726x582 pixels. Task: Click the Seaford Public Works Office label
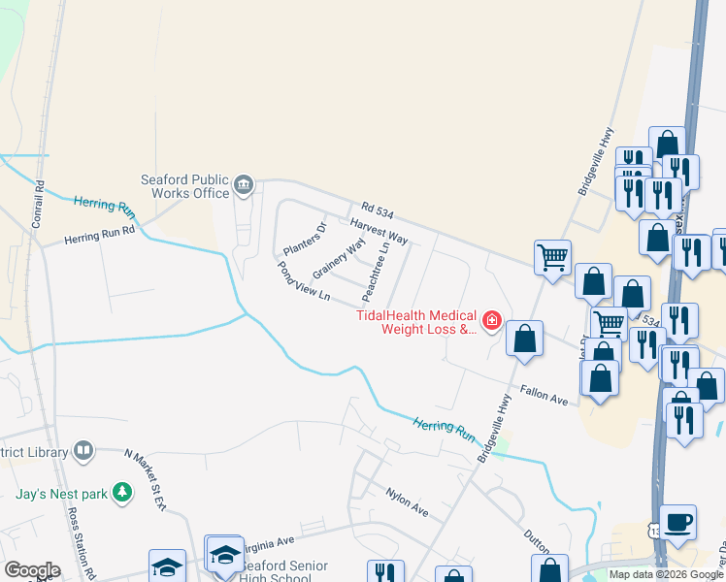tap(184, 185)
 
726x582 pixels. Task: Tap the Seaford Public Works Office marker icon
tap(244, 183)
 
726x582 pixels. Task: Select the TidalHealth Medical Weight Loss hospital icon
tap(492, 320)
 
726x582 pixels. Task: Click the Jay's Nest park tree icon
tap(122, 493)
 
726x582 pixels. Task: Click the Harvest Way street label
tap(379, 232)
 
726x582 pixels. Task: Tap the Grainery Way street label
tap(338, 259)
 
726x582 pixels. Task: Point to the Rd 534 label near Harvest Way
tap(380, 208)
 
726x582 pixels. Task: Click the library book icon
tap(83, 452)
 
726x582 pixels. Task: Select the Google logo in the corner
tap(32, 570)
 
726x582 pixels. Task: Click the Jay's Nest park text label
tap(60, 494)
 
